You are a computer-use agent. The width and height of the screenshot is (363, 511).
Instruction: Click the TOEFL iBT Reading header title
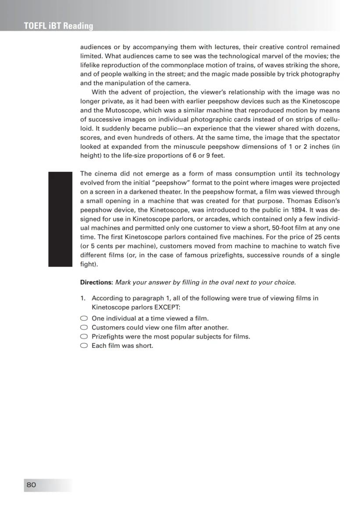tap(59, 26)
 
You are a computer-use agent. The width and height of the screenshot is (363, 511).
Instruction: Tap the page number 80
tap(31, 485)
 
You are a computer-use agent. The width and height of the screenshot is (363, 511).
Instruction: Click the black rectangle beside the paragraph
tap(60, 219)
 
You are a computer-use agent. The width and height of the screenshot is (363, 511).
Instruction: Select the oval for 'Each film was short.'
tap(84, 346)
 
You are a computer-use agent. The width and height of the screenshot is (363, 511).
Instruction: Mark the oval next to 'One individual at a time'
tap(84, 318)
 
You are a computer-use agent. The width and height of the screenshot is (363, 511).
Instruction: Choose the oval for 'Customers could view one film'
tap(84, 328)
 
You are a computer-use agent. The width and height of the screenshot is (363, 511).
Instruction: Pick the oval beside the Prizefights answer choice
tap(84, 336)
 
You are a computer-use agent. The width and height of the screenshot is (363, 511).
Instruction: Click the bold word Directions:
tap(96, 282)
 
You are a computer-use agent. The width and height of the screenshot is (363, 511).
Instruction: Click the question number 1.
tap(82, 298)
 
